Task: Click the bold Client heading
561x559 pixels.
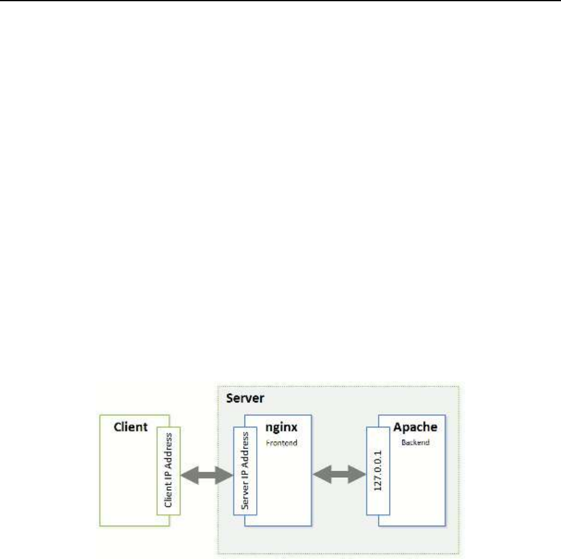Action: (x=131, y=426)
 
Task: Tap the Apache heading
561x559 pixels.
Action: (x=415, y=426)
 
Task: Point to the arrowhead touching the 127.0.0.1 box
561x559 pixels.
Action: (x=360, y=474)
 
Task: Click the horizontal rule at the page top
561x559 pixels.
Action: (x=280, y=1)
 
